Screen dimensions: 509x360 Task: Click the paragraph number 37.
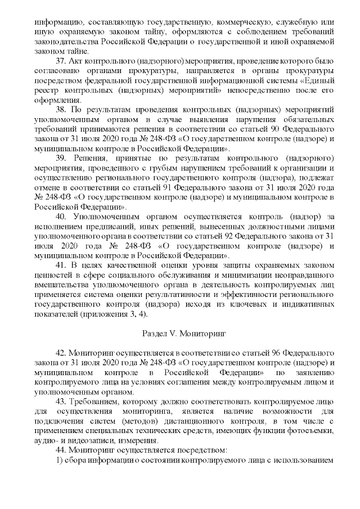pos(60,61)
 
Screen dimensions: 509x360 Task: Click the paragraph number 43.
pos(60,400)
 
